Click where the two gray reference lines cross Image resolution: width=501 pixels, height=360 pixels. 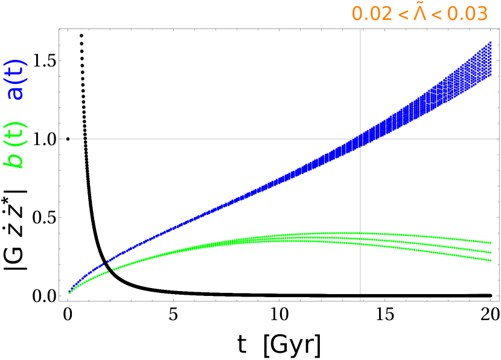tap(360, 138)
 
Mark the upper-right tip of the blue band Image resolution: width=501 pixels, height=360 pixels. tap(491, 42)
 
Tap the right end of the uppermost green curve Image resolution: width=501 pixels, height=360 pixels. tap(491, 243)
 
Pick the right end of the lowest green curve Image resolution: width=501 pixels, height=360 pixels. tap(491, 260)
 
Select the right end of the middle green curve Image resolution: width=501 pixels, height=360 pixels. tap(491, 252)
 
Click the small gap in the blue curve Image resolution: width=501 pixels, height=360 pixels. tap(106, 262)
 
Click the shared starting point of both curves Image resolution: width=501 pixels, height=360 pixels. tap(69, 293)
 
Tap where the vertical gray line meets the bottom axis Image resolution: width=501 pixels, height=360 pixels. tap(360, 300)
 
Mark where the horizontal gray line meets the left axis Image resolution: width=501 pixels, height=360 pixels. tap(59, 138)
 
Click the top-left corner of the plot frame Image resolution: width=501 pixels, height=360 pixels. tap(59, 29)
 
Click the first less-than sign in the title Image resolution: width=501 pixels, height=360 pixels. tap(401, 14)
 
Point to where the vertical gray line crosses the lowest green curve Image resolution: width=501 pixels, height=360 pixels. tap(360, 244)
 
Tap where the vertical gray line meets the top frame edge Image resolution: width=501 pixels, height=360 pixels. tap(360, 29)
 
